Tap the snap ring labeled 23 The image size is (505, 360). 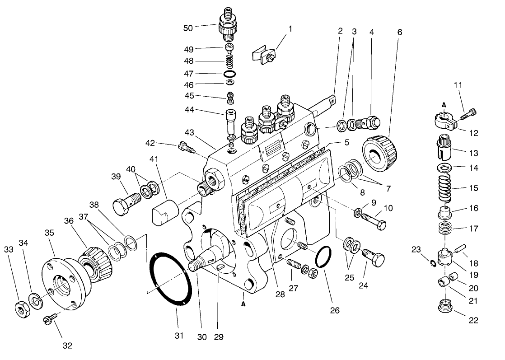[x=433, y=264]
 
